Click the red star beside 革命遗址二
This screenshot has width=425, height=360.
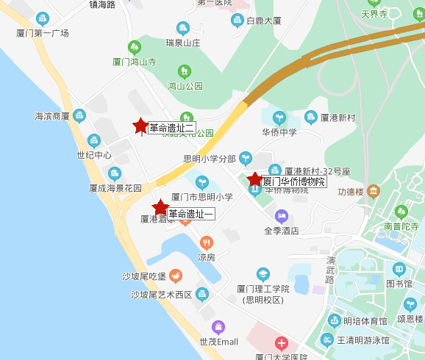pos(140,126)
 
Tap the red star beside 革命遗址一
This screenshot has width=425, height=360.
pos(160,207)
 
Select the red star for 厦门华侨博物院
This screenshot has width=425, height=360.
pos(254,179)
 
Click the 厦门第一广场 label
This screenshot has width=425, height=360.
pos(43,33)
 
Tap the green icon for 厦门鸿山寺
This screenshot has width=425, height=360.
pos(133,47)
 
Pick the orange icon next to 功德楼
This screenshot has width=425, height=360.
pos(374,192)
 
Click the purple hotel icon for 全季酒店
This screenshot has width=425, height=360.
pos(281,216)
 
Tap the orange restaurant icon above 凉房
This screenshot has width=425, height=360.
pos(207,242)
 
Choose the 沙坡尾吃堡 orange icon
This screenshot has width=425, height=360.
pos(175,276)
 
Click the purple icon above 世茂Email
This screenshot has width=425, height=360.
pos(218,327)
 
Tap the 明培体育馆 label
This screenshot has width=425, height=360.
pos(366,320)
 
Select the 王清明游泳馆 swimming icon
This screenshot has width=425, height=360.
pos(326,340)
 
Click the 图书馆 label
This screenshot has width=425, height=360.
pos(399,283)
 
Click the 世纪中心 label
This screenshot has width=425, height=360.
pos(94,155)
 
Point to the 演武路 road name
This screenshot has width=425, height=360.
pos(330,270)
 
